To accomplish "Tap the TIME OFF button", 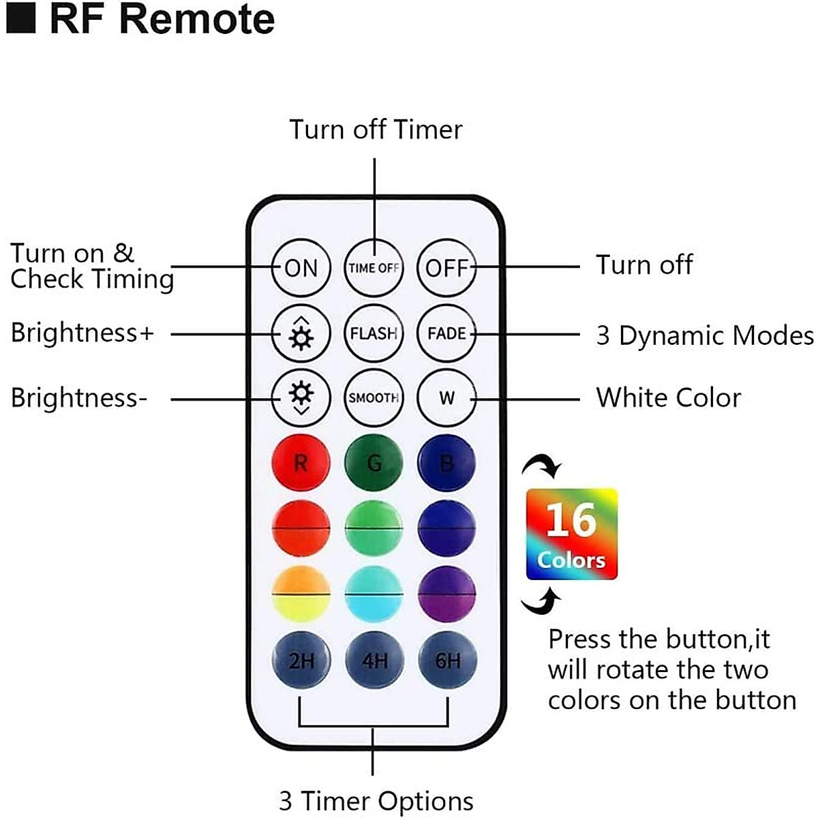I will tap(374, 268).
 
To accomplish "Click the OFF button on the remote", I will tap(446, 268).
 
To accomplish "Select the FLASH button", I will tap(374, 333).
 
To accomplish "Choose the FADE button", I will tap(446, 333).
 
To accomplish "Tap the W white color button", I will tap(446, 398).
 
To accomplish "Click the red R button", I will tap(301, 464).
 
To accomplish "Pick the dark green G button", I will tap(374, 464).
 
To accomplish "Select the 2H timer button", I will tap(301, 660).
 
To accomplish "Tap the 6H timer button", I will tap(447, 660).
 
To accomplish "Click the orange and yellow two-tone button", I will tap(301, 594).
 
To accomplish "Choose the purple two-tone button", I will tap(446, 594).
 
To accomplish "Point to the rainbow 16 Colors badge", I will tap(571, 534).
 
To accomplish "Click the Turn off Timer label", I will tap(376, 130).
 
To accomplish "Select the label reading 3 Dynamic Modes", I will tap(704, 335).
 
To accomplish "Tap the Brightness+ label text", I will tap(82, 333).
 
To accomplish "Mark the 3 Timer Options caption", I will tap(376, 801).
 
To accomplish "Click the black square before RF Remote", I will tap(20, 18).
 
